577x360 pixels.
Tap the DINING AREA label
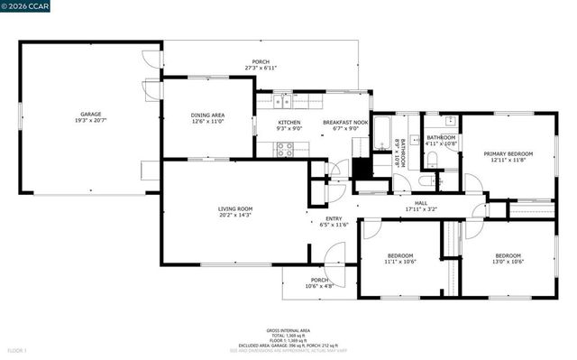(207, 115)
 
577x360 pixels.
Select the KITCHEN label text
(288, 122)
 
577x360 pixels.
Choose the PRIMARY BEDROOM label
(508, 153)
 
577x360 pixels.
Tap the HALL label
(420, 203)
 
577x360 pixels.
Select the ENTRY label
(321, 218)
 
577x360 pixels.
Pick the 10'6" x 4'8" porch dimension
(320, 286)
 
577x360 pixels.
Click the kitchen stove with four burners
(285, 150)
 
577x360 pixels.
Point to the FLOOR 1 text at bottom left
(18, 350)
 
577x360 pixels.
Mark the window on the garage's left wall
(22, 117)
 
